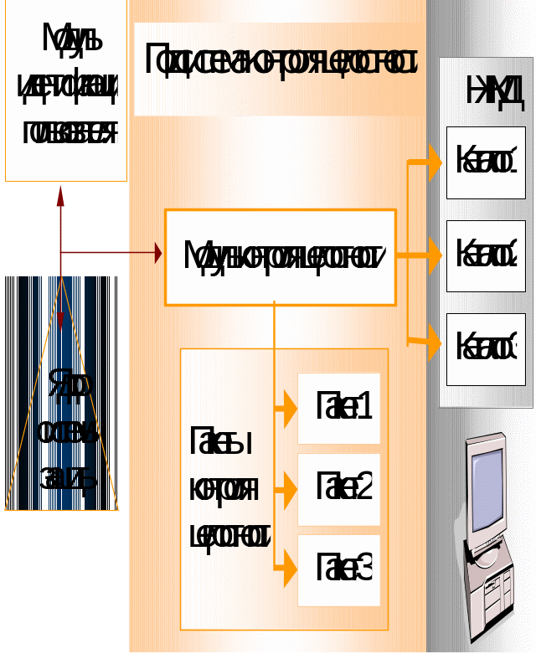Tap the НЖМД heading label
[x=495, y=92]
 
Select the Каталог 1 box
[x=486, y=162]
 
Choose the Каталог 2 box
[x=486, y=255]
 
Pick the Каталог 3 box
[x=486, y=348]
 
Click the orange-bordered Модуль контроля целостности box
[x=280, y=256]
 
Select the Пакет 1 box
[x=339, y=408]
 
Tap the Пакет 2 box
[x=339, y=489]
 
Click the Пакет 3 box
[x=339, y=570]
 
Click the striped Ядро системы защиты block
[x=61, y=394]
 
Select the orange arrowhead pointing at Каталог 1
[x=434, y=162]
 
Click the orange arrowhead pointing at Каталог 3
[x=434, y=342]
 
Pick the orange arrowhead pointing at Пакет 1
[x=290, y=409]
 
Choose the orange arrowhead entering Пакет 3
[x=290, y=570]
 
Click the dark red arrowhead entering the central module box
[x=157, y=252]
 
